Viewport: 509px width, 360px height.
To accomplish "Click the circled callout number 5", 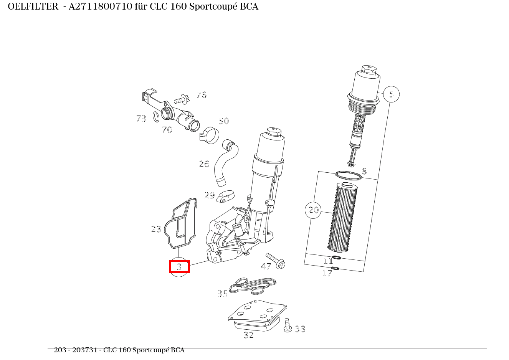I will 391,94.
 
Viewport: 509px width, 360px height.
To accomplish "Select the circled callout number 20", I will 313,210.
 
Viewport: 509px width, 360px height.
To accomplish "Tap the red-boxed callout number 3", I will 179,266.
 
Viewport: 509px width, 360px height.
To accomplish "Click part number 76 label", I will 201,95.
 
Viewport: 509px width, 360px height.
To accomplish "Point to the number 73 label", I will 141,119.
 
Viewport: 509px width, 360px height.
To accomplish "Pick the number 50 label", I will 224,121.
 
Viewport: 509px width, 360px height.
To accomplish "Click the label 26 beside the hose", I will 204,164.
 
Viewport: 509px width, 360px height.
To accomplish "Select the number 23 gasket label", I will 156,229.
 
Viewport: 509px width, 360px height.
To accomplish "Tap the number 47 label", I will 266,266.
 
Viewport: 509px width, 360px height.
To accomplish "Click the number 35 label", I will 223,294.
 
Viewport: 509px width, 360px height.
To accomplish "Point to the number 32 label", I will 249,335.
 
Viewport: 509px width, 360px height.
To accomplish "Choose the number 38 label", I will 300,329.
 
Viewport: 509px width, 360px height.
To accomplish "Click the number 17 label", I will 327,273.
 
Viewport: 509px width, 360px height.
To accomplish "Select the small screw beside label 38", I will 288,325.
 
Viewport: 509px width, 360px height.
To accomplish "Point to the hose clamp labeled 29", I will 226,197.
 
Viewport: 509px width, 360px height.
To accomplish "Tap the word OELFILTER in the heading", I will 33,7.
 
